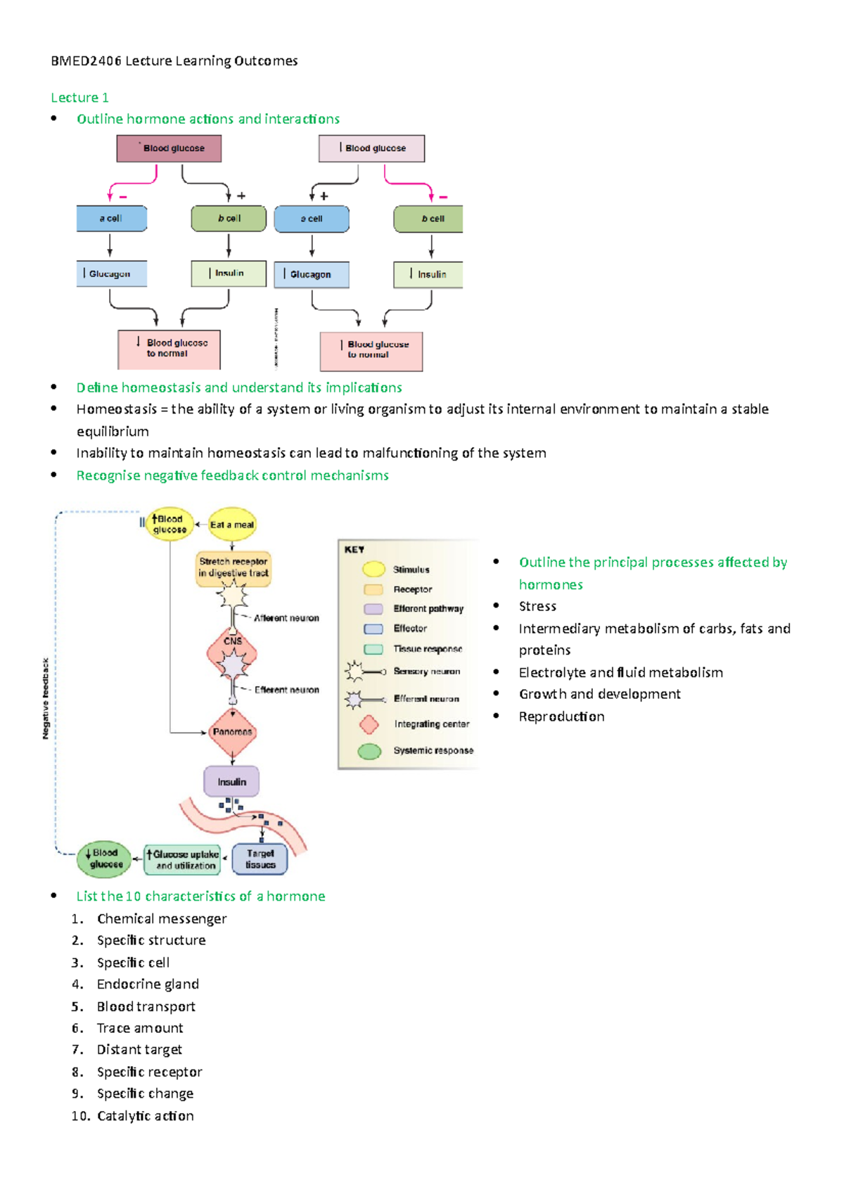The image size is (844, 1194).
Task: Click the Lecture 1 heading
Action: tap(79, 98)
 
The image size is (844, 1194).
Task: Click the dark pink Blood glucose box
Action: tap(169, 148)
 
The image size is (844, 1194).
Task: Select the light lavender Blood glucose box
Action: tap(371, 148)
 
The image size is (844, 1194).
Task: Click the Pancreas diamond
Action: tap(232, 732)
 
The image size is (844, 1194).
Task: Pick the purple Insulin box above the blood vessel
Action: tap(231, 781)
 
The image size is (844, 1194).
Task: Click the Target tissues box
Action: tap(260, 859)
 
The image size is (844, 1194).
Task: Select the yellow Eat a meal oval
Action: tap(232, 525)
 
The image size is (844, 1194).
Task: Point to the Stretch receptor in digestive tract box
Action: tap(233, 567)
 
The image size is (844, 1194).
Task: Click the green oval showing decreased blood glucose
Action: tap(104, 859)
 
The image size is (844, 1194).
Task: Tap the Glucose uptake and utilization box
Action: tap(183, 859)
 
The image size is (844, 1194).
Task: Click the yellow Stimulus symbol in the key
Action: tap(373, 569)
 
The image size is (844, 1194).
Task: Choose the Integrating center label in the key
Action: tap(431, 724)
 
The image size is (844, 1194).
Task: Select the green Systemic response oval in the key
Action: tap(369, 751)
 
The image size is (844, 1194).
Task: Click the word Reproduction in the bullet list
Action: tap(561, 717)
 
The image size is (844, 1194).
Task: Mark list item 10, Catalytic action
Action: tap(145, 1116)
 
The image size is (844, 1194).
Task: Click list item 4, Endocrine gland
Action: tap(148, 984)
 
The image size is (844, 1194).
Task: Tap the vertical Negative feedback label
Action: tap(46, 698)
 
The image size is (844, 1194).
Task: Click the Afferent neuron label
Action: tap(286, 618)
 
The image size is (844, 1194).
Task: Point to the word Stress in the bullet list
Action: tap(537, 606)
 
